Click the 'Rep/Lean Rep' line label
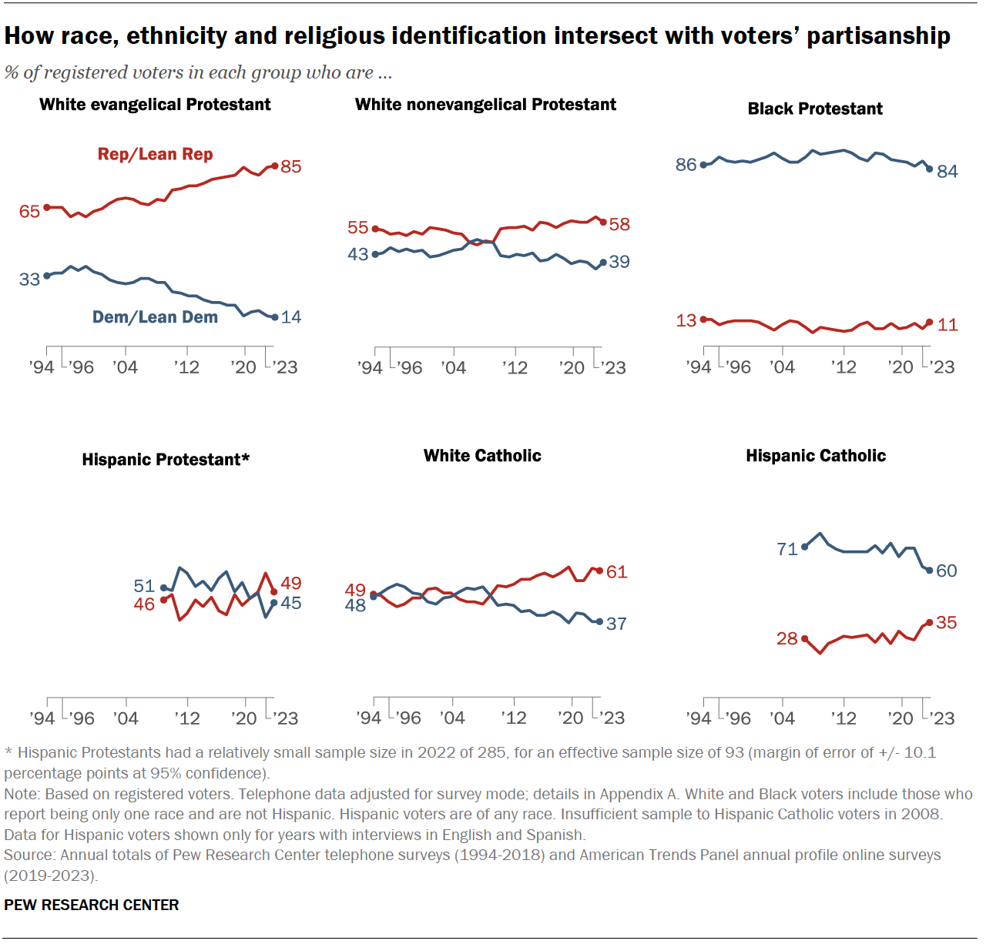pyautogui.click(x=155, y=154)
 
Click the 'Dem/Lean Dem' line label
pyautogui.click(x=155, y=317)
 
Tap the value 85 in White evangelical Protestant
pyautogui.click(x=291, y=166)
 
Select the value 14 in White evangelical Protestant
pyautogui.click(x=291, y=317)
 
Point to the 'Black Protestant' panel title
pyautogui.click(x=815, y=109)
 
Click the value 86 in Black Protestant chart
pyautogui.click(x=686, y=165)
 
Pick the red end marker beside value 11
pyautogui.click(x=930, y=322)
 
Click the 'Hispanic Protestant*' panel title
pyautogui.click(x=166, y=460)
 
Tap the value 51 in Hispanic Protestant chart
pyautogui.click(x=144, y=586)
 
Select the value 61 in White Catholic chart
pyautogui.click(x=616, y=572)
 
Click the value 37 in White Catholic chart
pyautogui.click(x=616, y=624)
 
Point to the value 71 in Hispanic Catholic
pyautogui.click(x=787, y=549)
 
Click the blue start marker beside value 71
pyautogui.click(x=805, y=547)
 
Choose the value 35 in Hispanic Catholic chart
pyautogui.click(x=946, y=622)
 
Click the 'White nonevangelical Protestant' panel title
pyautogui.click(x=485, y=105)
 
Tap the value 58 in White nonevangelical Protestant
pyautogui.click(x=619, y=224)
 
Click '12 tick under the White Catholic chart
pyautogui.click(x=514, y=718)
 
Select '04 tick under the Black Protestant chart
pyautogui.click(x=783, y=367)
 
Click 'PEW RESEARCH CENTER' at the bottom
pyautogui.click(x=92, y=905)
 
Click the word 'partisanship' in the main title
pyautogui.click(x=878, y=36)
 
